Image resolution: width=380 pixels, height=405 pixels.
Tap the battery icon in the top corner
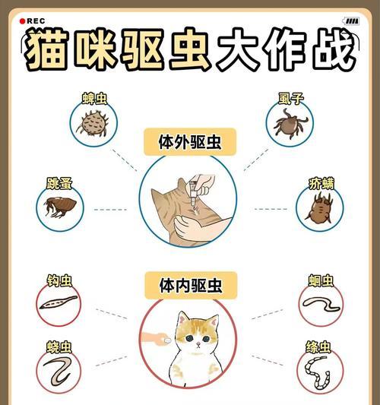(350, 21)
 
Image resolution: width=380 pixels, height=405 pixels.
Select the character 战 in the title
(328, 52)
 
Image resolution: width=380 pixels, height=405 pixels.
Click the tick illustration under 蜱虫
(94, 123)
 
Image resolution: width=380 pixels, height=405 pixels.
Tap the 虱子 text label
(290, 97)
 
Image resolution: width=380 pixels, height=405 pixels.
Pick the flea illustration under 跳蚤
(59, 207)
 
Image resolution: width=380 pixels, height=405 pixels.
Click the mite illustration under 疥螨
(319, 207)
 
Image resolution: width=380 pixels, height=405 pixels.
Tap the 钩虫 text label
(59, 280)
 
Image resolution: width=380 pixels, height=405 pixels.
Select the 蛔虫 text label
(321, 280)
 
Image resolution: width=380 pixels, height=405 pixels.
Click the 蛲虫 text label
(59, 346)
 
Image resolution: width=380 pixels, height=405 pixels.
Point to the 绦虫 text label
(320, 347)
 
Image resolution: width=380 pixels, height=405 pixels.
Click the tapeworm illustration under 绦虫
(319, 374)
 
